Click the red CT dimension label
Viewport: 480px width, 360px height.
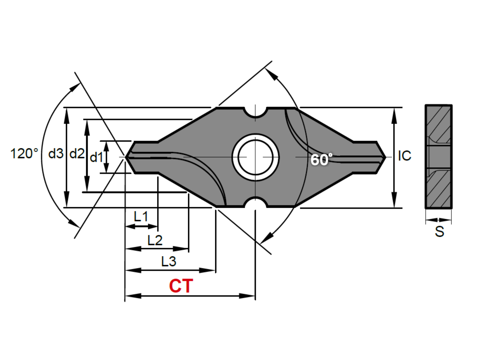coord(181,286)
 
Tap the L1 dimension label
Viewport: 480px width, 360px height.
coord(141,216)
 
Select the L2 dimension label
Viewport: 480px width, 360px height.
coord(155,240)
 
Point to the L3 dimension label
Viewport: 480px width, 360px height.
coord(169,262)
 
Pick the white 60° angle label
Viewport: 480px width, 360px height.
coord(321,160)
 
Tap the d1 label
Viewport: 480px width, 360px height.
coord(96,158)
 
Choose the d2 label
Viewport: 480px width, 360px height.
coord(77,154)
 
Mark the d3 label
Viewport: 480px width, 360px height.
coord(56,154)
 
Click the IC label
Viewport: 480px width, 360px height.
coord(404,156)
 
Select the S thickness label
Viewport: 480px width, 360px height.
coord(440,232)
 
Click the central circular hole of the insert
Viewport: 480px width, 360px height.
coord(255,157)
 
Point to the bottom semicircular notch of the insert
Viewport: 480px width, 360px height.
coord(255,202)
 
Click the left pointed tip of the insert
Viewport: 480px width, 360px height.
coord(128,157)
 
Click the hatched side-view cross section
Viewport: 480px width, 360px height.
coord(439,157)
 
